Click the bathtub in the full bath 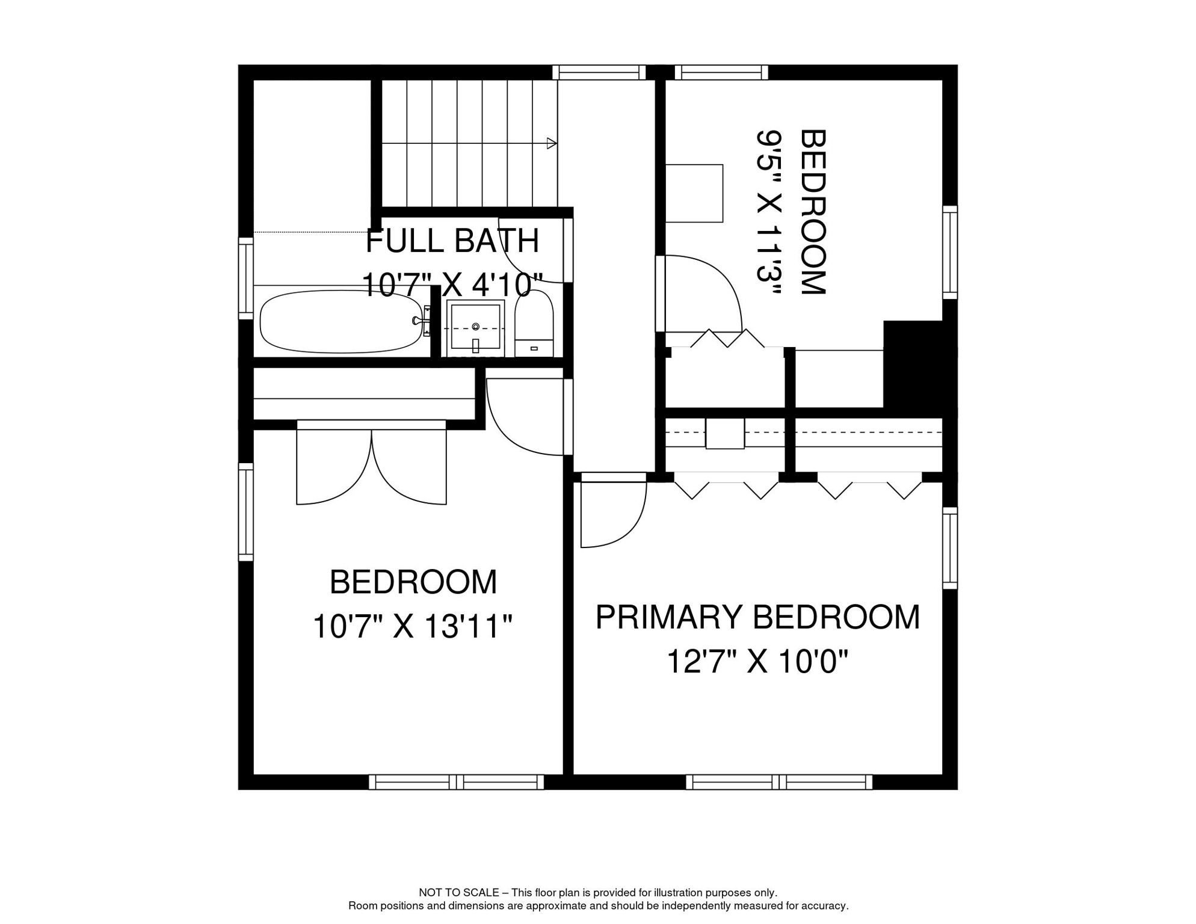(342, 322)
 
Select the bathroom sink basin (475, 327)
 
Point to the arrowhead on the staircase (551, 143)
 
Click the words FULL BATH (452, 241)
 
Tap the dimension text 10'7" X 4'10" (452, 284)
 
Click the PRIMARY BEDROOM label (757, 617)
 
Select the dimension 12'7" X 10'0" (757, 662)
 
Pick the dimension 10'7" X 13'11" (413, 626)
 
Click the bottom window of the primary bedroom (779, 782)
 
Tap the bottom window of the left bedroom (456, 782)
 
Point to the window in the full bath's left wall (245, 278)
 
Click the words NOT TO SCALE (458, 893)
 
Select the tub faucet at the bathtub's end (421, 321)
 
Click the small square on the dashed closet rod (725, 433)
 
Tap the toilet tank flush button (534, 348)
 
